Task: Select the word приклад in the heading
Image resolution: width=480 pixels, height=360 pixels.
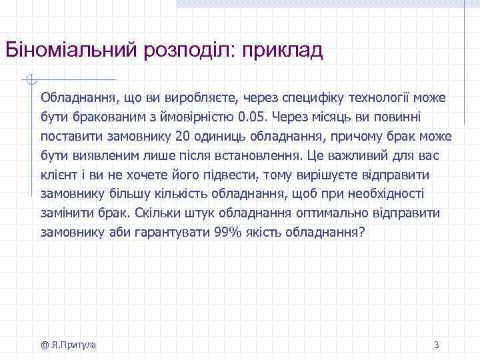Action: (x=282, y=51)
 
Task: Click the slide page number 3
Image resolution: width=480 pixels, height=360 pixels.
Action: (x=436, y=345)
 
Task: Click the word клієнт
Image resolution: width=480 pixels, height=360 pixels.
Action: (x=57, y=175)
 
